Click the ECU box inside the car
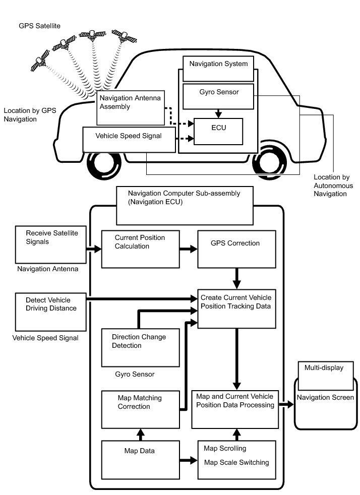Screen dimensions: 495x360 tap(218, 131)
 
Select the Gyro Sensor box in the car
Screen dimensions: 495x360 tap(218, 96)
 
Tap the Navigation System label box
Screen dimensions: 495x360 tap(218, 69)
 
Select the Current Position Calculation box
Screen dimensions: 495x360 tap(141, 249)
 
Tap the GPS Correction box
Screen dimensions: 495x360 tap(236, 249)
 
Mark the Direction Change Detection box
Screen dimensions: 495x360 tap(141, 348)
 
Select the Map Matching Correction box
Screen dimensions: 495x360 tap(141, 409)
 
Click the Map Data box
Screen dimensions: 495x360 tap(141, 459)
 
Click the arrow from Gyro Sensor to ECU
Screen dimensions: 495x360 tap(218, 113)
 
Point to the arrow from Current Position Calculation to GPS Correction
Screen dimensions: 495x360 tap(188, 249)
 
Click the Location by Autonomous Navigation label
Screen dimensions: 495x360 tap(333, 185)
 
